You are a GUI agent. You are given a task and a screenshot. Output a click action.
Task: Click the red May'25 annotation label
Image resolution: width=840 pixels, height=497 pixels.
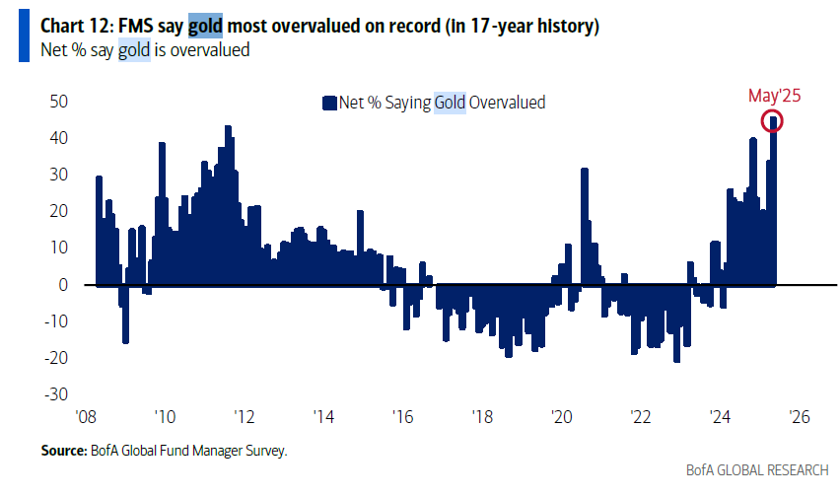click(774, 96)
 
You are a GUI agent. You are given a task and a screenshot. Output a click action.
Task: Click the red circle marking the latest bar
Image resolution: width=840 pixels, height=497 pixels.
click(774, 121)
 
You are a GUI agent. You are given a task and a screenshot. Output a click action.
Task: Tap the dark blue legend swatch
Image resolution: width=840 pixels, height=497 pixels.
click(329, 103)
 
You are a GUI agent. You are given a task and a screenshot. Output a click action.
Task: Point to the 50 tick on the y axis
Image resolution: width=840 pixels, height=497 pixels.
click(58, 101)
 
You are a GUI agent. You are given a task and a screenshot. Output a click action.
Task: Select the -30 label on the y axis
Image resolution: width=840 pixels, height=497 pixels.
click(55, 394)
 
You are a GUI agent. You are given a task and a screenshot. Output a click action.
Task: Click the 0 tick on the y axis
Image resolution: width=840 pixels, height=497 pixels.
click(62, 284)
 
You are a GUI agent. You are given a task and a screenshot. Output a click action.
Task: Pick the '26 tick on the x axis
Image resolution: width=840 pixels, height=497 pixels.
click(799, 416)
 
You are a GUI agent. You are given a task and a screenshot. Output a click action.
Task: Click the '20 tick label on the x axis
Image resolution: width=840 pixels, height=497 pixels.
click(560, 416)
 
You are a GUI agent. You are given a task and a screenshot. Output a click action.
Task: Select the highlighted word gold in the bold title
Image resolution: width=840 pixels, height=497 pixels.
click(207, 27)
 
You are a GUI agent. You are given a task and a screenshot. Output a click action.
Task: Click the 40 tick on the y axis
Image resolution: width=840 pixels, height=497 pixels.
click(58, 138)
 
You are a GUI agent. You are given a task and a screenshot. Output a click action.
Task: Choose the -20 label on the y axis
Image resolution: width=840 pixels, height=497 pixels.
click(55, 358)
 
